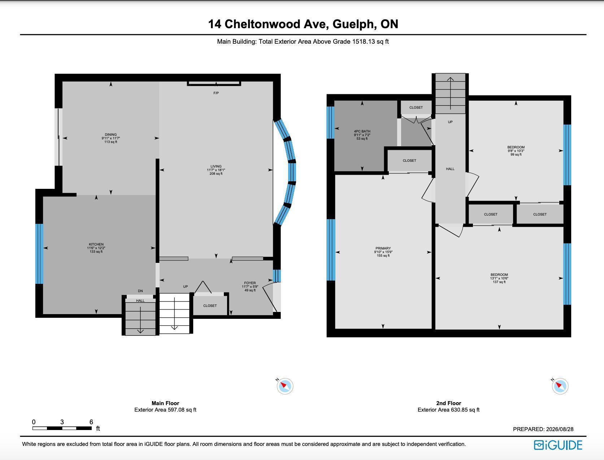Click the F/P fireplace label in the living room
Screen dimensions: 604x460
pyautogui.click(x=216, y=93)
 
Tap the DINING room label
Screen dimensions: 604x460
pyautogui.click(x=110, y=135)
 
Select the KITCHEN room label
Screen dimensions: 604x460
pyautogui.click(x=96, y=244)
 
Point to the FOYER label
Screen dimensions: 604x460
pyautogui.click(x=250, y=283)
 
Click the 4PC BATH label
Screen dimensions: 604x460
pyautogui.click(x=362, y=131)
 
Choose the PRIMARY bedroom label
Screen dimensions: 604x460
pyautogui.click(x=383, y=248)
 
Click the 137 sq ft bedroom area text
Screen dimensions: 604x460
pyautogui.click(x=499, y=282)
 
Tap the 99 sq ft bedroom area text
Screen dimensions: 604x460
pyautogui.click(x=516, y=154)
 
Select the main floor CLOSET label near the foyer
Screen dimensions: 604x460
pyautogui.click(x=210, y=306)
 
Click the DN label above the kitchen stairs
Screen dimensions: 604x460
pyautogui.click(x=140, y=291)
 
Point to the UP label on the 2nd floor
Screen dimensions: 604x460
pyautogui.click(x=450, y=122)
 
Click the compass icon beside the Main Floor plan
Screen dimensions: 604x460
pyautogui.click(x=285, y=386)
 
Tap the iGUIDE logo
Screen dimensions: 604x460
pyautogui.click(x=558, y=445)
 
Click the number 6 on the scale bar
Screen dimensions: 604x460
pyautogui.click(x=91, y=422)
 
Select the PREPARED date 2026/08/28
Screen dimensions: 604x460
pyautogui.click(x=560, y=429)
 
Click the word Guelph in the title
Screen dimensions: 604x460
pyautogui.click(x=355, y=24)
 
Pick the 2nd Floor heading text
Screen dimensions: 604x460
pyautogui.click(x=448, y=403)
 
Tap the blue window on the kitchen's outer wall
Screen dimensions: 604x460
pyautogui.click(x=39, y=254)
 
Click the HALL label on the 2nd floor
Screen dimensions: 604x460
pyautogui.click(x=450, y=169)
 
